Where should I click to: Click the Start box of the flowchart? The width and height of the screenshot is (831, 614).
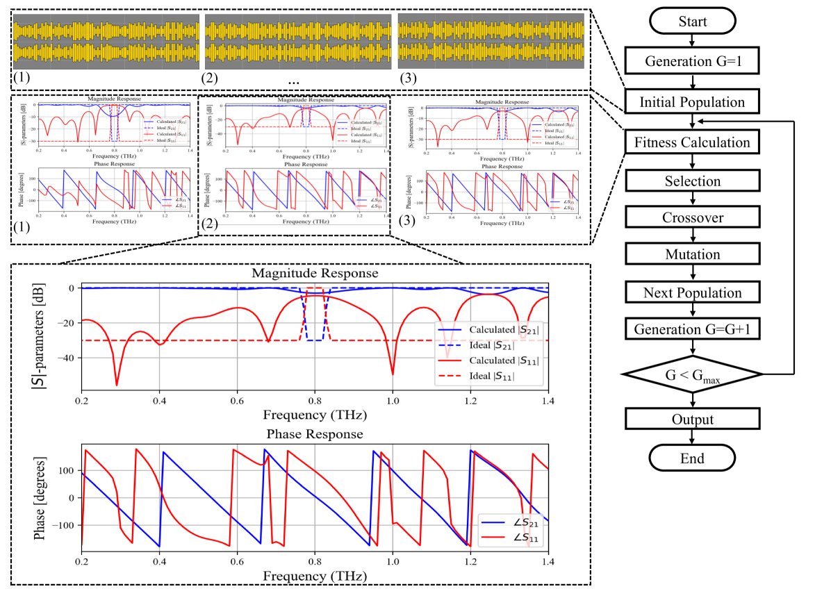(692, 21)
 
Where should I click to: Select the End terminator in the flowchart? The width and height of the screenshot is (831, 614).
(692, 458)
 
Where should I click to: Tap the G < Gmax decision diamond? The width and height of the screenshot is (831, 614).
(692, 375)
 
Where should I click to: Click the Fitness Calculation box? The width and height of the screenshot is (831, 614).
(692, 142)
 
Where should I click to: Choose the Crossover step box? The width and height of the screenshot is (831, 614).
(692, 217)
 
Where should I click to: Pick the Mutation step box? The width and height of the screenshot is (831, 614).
(692, 254)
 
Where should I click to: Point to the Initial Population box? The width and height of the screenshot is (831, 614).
(692, 102)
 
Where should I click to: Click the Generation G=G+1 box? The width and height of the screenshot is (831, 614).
(692, 328)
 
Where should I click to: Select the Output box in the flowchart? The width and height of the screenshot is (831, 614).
(692, 420)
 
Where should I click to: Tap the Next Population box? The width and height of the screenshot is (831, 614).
(692, 292)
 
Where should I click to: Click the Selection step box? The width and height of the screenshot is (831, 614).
(692, 181)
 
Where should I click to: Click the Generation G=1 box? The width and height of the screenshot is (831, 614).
(692, 60)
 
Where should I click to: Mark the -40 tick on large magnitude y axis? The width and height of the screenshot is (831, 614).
(68, 358)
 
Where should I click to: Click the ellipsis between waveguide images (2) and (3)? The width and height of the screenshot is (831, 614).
(293, 81)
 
